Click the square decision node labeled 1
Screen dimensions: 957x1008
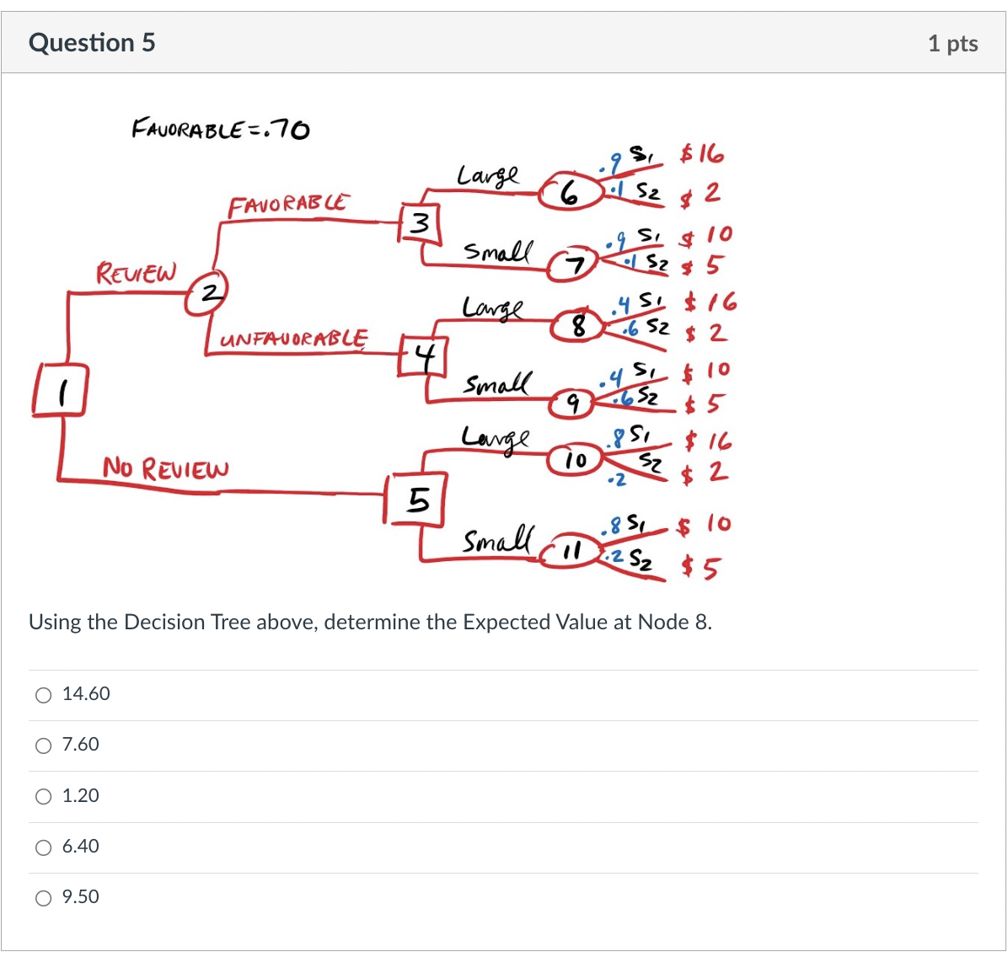59,390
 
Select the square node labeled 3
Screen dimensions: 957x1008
419,223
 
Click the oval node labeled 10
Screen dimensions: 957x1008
575,460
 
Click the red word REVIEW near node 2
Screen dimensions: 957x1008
137,273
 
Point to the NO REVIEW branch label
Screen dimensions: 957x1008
165,468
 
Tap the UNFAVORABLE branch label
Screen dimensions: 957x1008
293,339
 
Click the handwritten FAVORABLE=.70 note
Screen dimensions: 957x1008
221,129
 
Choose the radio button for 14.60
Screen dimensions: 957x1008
43,695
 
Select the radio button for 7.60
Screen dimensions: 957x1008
43,746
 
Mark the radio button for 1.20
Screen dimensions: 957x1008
43,797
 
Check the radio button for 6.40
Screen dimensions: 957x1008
43,847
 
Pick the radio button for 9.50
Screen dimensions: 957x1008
43,898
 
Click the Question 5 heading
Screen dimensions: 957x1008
92,43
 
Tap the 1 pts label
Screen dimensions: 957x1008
952,44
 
